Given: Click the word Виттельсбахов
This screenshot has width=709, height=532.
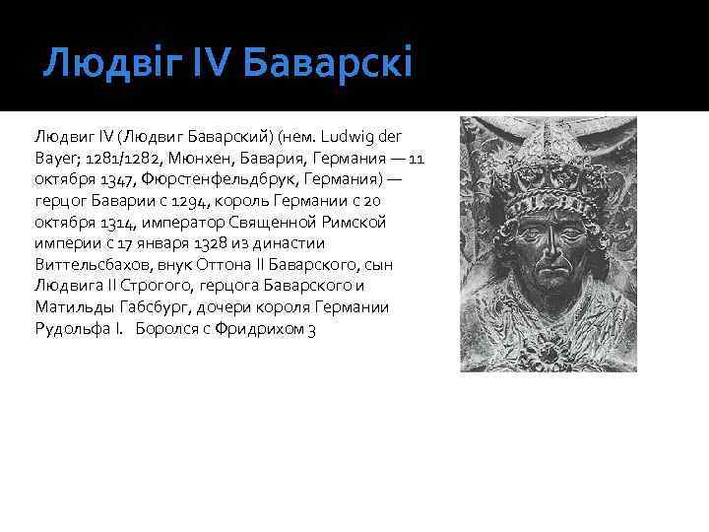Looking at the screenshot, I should tap(93, 264).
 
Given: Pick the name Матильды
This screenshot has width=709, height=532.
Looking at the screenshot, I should tap(72, 307).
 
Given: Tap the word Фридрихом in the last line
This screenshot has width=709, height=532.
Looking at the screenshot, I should tap(261, 329).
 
